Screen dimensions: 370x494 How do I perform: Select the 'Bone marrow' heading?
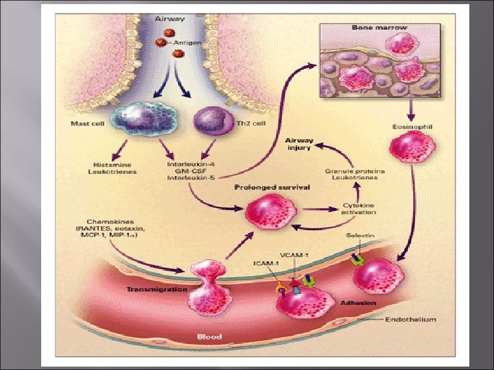tap(379, 27)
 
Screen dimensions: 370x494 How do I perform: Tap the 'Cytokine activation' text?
tap(360, 210)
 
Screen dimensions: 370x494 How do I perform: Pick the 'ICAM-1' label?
tap(265, 262)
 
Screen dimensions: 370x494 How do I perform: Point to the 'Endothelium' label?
tap(410, 319)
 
